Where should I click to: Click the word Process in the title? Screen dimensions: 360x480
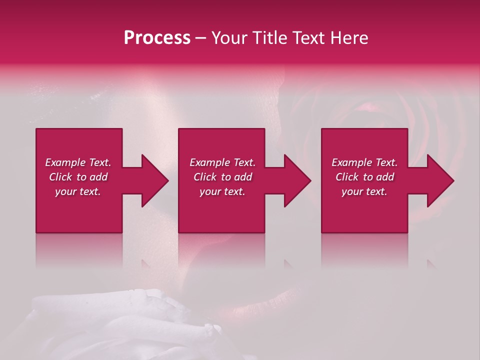(157, 38)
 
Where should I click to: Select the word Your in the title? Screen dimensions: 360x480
(228, 38)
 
